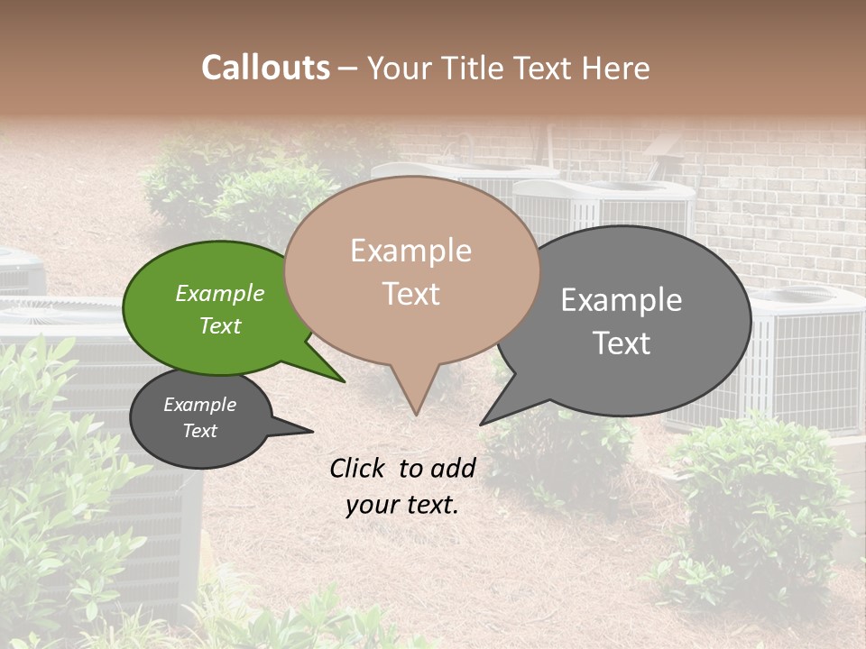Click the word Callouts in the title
tap(265, 68)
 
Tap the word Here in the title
tap(619, 68)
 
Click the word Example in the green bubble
tap(220, 294)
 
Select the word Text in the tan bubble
tap(411, 294)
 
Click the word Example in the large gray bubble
tap(622, 300)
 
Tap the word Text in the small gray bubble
tap(200, 431)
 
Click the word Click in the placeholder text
tap(358, 468)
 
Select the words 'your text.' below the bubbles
tap(401, 505)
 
